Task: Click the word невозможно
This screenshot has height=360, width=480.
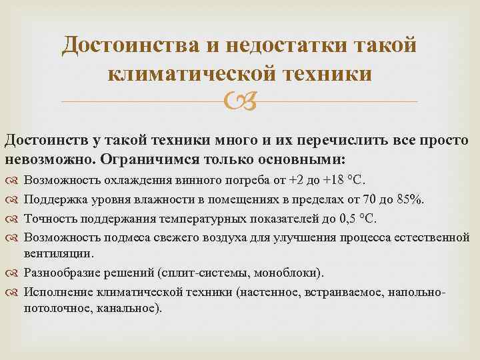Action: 50,160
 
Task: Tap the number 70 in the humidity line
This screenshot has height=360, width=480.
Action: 378,199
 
